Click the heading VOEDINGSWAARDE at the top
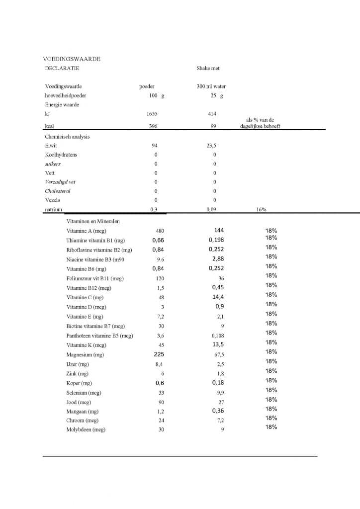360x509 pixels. [72, 59]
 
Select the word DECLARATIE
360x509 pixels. [62, 68]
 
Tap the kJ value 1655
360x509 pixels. [152, 114]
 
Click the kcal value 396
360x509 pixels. [153, 126]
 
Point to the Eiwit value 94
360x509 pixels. [155, 146]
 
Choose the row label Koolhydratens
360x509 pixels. [61, 155]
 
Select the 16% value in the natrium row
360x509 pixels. [261, 209]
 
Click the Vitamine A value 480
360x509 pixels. [160, 231]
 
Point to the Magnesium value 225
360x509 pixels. [159, 354]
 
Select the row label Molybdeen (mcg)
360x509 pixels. [86, 429]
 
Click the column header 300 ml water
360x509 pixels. [211, 86]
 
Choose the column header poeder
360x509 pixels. [147, 86]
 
